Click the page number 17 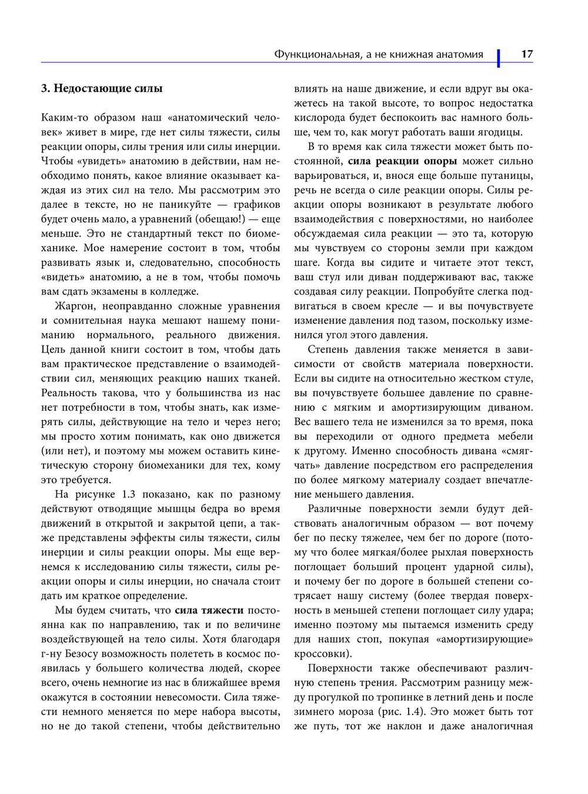[x=527, y=54]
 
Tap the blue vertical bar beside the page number [x=499, y=57]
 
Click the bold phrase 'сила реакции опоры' [x=402, y=161]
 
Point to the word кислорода [x=318, y=118]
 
